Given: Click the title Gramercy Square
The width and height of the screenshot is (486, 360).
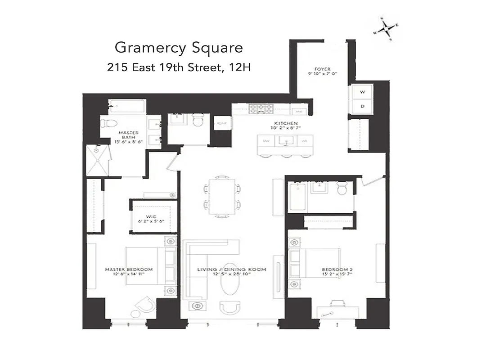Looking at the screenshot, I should coord(179,47).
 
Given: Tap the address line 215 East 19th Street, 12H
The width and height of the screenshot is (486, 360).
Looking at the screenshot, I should coord(179,67).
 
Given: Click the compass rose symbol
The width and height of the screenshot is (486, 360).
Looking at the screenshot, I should coord(386,29).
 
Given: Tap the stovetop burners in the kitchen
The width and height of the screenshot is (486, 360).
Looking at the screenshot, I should coord(261,109).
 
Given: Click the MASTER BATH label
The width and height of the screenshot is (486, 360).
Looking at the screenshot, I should coord(128,135).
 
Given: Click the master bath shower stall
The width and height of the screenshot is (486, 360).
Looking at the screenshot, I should coord(97,160).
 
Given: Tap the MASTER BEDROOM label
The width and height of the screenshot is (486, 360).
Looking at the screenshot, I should coord(128,272).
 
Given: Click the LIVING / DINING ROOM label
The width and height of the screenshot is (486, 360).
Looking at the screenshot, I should coord(232,272).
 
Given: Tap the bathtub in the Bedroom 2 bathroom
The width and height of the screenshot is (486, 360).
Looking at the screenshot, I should coord(297,197).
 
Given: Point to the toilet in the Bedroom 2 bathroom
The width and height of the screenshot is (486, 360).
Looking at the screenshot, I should coord(342,189).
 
